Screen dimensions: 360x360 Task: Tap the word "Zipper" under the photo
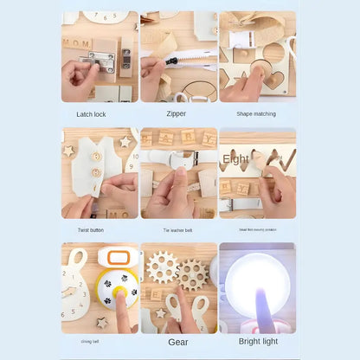pos(176,113)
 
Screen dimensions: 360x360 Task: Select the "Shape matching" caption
pos(256,113)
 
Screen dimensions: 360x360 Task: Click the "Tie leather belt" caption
pos(177,230)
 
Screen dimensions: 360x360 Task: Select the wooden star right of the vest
pos(125,140)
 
